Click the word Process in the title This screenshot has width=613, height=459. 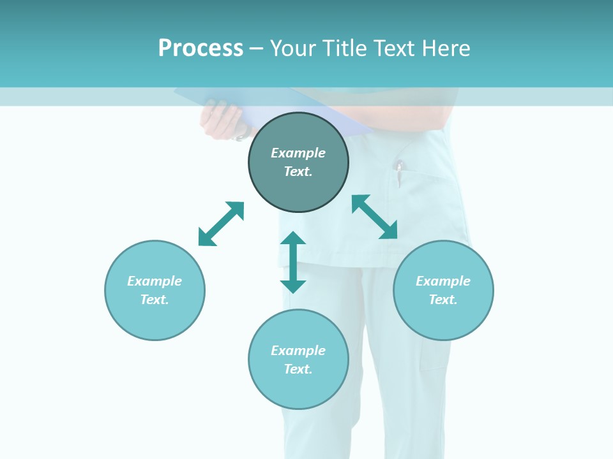(201, 48)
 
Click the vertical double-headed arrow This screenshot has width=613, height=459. (293, 262)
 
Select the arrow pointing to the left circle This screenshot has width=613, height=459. (221, 224)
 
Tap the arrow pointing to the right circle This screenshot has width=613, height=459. (375, 217)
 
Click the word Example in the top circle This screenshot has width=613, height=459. (298, 153)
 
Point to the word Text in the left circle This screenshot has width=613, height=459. (155, 300)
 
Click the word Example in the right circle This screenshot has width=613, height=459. (443, 281)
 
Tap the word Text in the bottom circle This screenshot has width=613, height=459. (298, 369)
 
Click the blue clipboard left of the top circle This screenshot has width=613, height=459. (211, 99)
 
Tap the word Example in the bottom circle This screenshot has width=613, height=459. (298, 351)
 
